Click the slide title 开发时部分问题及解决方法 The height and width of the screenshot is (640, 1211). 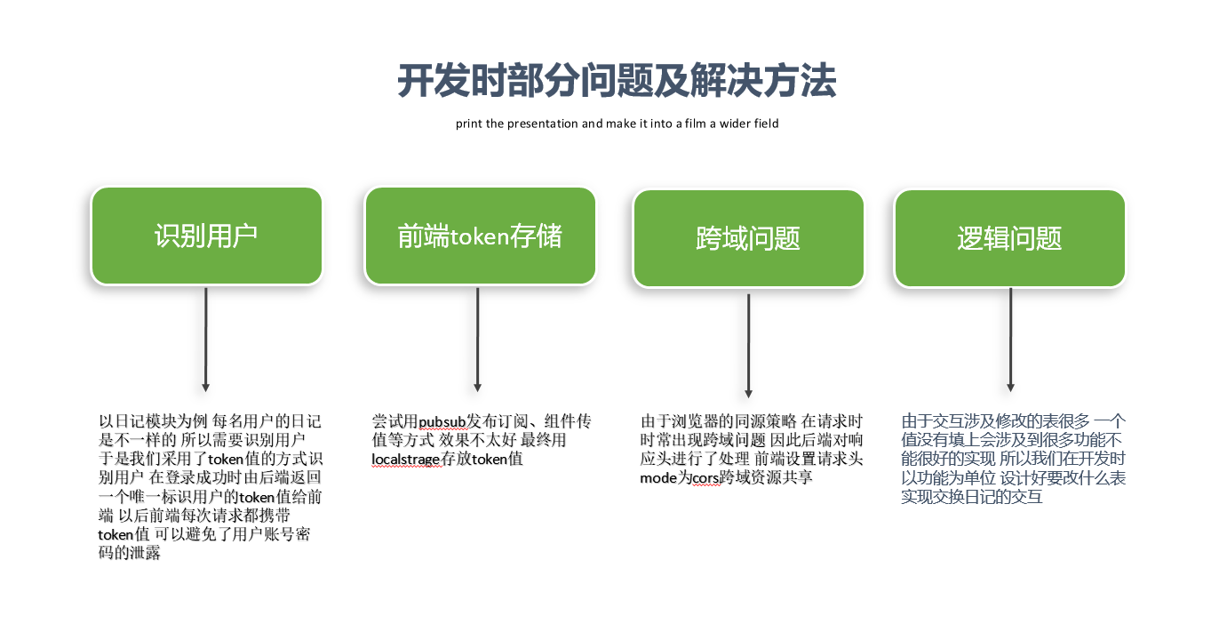point(617,82)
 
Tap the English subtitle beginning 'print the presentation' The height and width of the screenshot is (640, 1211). point(617,124)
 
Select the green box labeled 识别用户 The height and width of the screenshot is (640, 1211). point(206,236)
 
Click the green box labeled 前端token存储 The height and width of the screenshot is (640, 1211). point(480,236)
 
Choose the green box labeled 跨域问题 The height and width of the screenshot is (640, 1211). point(748,238)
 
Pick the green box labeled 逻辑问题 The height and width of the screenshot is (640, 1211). point(1009,238)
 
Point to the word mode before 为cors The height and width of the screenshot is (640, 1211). point(658,477)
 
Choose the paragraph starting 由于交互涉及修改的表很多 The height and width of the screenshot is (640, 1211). point(1013,459)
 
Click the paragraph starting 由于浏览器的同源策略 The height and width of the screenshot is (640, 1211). point(752,449)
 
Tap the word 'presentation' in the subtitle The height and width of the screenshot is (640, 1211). point(543,124)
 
